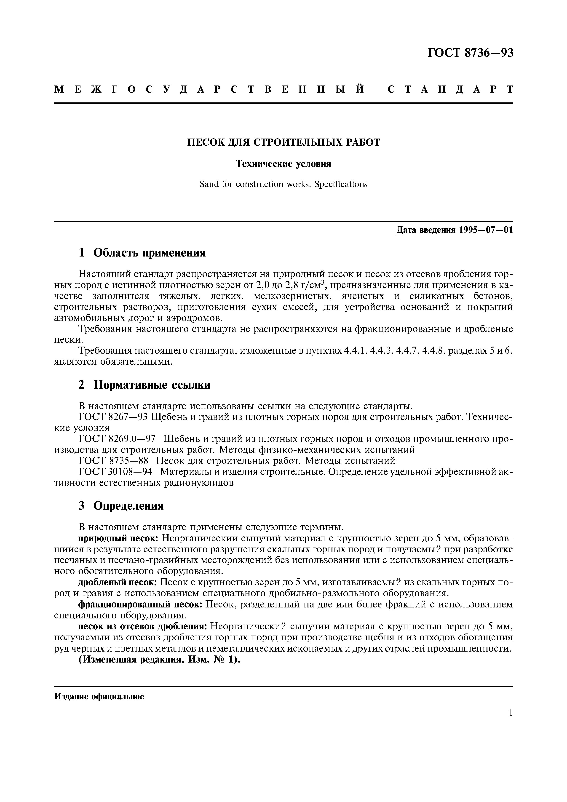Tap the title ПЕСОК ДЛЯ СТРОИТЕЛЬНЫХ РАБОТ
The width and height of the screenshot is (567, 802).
pos(283,142)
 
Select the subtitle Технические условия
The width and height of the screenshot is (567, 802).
pos(283,164)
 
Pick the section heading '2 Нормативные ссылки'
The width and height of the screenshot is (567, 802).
pos(144,385)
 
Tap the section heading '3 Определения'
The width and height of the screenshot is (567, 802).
pos(121,506)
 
